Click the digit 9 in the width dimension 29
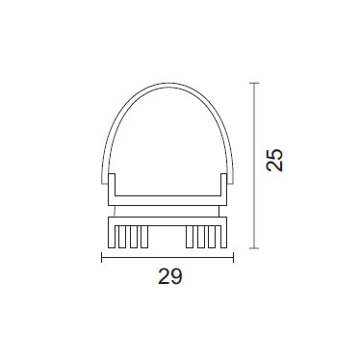tap(176, 276)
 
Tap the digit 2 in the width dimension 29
tap(164, 276)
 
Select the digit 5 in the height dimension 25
tap(275, 154)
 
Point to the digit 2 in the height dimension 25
tap(275, 166)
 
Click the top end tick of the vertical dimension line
tap(254, 83)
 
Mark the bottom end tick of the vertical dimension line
tap(254, 248)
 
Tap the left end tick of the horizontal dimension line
tap(102, 257)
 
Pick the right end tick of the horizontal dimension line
tap(233, 257)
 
